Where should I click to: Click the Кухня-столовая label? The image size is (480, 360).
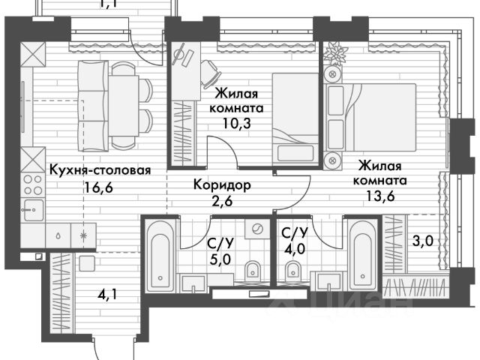[x=100, y=170]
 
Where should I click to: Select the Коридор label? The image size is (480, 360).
[x=221, y=184]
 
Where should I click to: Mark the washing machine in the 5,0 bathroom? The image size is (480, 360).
[x=256, y=230]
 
